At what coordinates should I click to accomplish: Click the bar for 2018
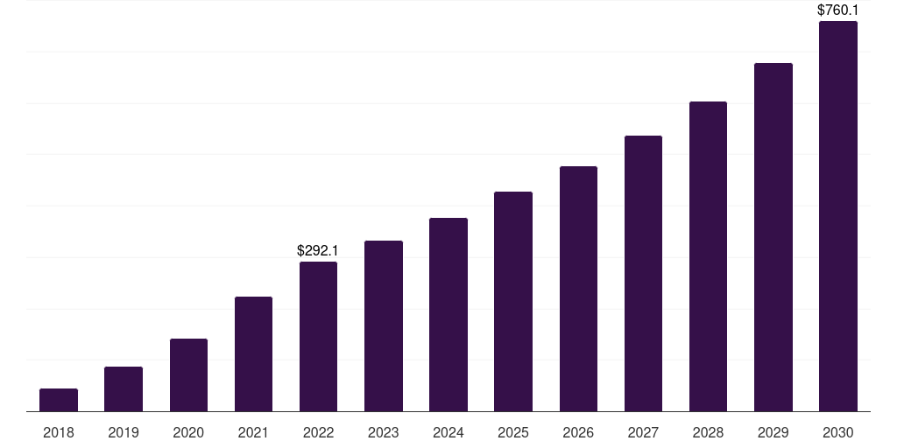(59, 400)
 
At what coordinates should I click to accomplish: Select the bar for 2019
(124, 389)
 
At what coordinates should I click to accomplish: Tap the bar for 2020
(188, 375)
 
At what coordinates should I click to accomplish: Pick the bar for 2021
(253, 354)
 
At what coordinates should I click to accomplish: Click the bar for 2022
(318, 337)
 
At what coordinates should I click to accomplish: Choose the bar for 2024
(448, 315)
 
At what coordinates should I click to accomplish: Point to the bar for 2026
(578, 289)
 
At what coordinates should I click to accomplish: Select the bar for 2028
(708, 256)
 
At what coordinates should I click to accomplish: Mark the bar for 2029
(773, 237)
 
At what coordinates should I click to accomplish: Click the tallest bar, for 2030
(837, 216)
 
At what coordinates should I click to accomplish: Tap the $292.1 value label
(318, 251)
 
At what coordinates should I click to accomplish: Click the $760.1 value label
(837, 10)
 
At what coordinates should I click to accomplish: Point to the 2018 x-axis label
(59, 432)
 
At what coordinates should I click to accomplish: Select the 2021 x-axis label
(253, 432)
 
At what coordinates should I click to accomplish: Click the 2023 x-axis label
(384, 432)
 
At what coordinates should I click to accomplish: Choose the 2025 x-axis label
(513, 432)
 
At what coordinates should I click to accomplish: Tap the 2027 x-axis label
(643, 432)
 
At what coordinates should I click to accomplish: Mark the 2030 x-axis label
(837, 432)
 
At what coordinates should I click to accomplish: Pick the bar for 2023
(384, 326)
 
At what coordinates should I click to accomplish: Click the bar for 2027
(643, 274)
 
